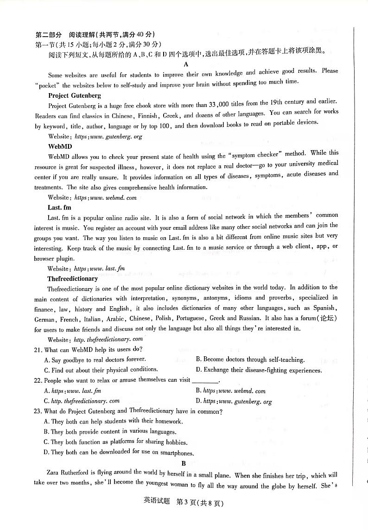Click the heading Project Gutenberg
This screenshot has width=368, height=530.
(x=74, y=95)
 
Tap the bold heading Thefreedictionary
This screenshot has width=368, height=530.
(x=72, y=278)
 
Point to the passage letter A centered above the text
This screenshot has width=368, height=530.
(x=186, y=64)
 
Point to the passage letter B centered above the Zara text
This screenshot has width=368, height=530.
(x=184, y=463)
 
